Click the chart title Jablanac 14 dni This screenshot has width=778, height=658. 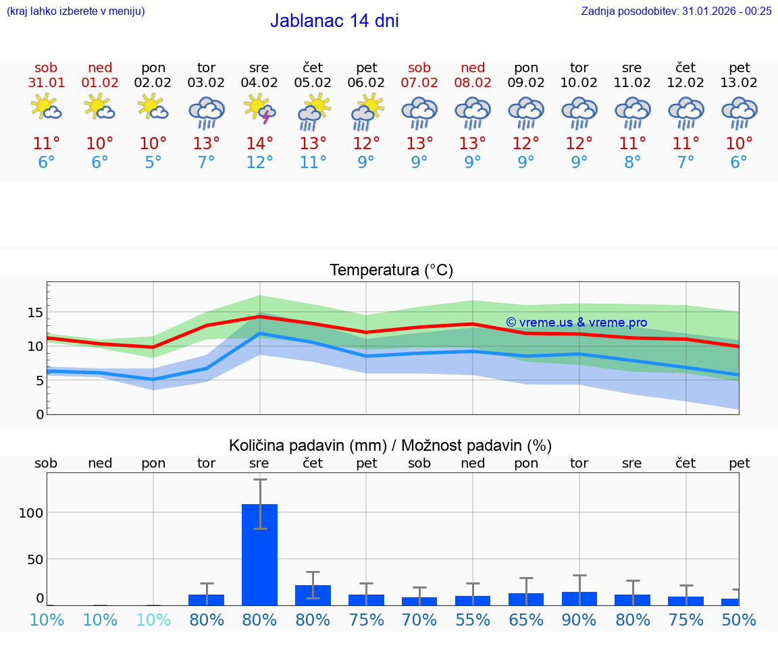(334, 21)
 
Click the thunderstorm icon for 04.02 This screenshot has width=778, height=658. (259, 109)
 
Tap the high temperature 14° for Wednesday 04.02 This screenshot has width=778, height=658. (259, 143)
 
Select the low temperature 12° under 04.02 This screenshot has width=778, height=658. (259, 163)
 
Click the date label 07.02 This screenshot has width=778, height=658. (419, 83)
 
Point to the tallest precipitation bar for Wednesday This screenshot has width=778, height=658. (259, 553)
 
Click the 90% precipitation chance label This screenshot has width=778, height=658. (579, 620)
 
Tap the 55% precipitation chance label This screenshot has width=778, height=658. (473, 620)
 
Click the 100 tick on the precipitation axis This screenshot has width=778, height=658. (31, 512)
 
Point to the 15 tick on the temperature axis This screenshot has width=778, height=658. (35, 312)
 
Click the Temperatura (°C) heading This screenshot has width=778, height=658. (391, 271)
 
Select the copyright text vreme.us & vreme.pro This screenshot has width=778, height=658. (576, 323)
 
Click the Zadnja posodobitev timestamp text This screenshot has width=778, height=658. (676, 11)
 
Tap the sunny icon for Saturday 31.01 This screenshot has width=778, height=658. (46, 108)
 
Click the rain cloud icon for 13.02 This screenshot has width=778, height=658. (740, 112)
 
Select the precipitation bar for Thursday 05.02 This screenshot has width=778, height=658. (313, 595)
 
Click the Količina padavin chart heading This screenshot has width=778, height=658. (390, 445)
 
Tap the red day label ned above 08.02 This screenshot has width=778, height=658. (473, 67)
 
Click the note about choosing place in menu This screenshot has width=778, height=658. (75, 11)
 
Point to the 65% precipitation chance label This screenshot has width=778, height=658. (526, 620)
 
